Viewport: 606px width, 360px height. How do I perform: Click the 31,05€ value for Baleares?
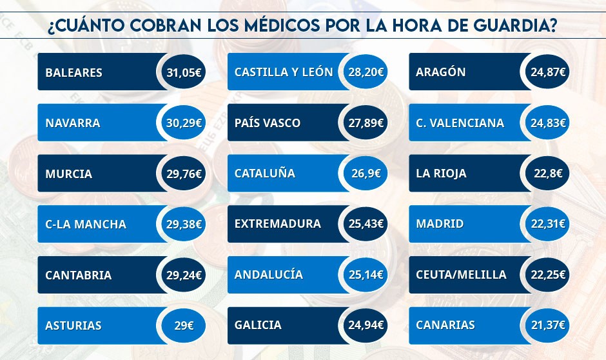[184, 72]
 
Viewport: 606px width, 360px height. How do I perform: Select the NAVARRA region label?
[73, 123]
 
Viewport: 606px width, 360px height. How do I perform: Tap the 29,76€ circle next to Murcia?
[184, 174]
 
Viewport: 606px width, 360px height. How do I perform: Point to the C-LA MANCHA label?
[86, 225]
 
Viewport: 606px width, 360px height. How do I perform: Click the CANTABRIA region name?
[78, 275]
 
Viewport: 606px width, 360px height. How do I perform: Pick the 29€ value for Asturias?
[184, 326]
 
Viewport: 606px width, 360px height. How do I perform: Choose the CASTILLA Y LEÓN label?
[284, 72]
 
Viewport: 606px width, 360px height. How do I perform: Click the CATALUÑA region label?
[265, 174]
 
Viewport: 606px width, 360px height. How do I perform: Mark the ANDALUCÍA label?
[269, 275]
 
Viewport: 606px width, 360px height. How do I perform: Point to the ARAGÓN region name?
[441, 72]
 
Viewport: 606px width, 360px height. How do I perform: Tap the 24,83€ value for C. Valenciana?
[548, 123]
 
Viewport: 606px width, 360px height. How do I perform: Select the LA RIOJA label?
[442, 174]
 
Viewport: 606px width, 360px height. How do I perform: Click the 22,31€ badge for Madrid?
[548, 224]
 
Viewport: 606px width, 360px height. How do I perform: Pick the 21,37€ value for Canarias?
[548, 325]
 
